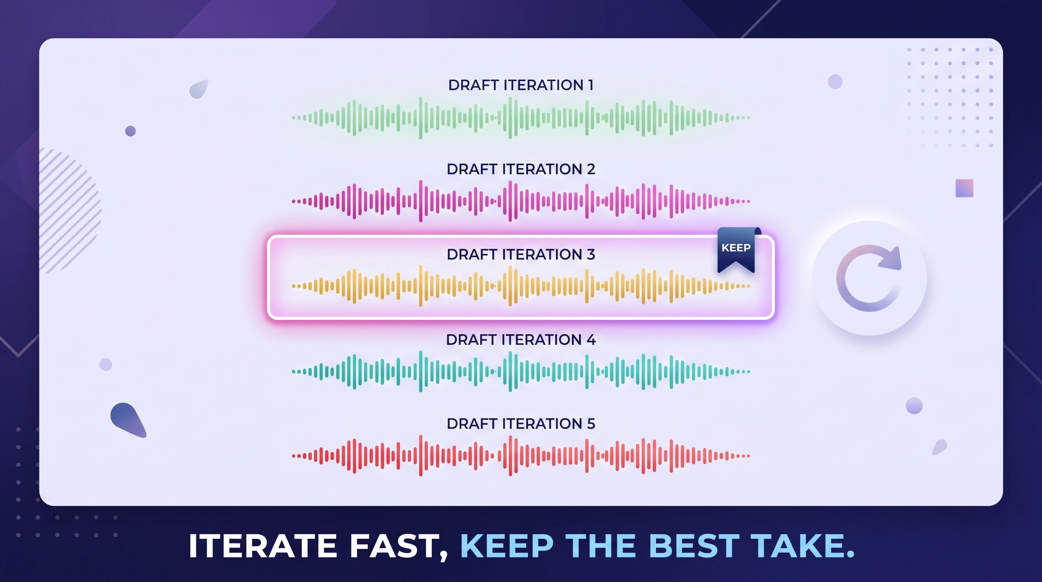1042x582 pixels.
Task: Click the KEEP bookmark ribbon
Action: tap(736, 249)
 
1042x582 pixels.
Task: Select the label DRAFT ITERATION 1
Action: tap(521, 85)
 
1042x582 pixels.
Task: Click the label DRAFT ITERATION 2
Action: tap(521, 169)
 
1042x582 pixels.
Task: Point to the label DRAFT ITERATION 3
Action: tap(521, 254)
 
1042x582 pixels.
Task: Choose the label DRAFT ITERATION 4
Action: tap(521, 339)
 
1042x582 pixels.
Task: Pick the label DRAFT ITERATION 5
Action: tap(521, 424)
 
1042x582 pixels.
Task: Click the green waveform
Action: tap(521, 118)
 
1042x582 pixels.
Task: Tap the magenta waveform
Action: tap(521, 201)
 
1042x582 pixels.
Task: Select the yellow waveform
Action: tap(521, 286)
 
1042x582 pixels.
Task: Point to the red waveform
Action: tap(521, 456)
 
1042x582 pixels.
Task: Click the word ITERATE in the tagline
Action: tap(263, 546)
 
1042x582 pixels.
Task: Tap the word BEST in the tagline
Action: tap(694, 546)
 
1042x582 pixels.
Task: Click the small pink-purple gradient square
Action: tap(964, 188)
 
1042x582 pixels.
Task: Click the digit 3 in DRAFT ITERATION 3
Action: tap(591, 254)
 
